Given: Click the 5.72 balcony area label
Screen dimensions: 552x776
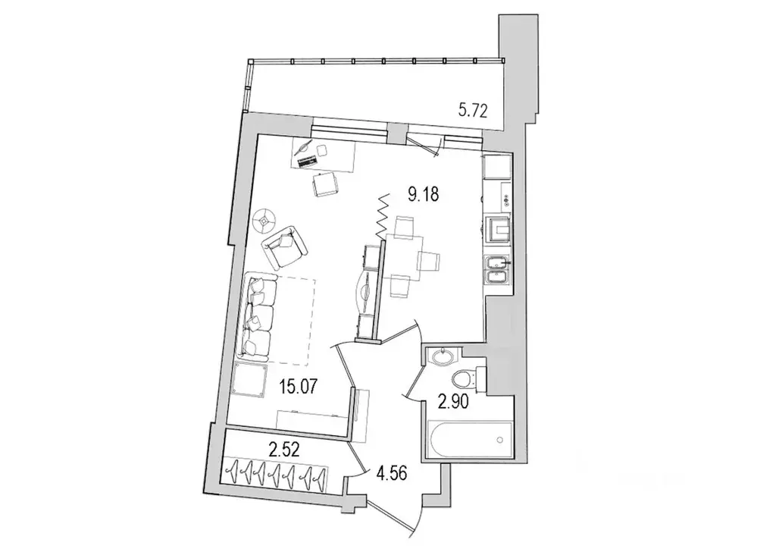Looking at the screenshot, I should tap(471, 111).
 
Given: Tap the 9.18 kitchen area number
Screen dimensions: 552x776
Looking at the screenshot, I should tap(423, 195).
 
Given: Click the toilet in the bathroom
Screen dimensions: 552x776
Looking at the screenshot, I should tap(462, 380).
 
